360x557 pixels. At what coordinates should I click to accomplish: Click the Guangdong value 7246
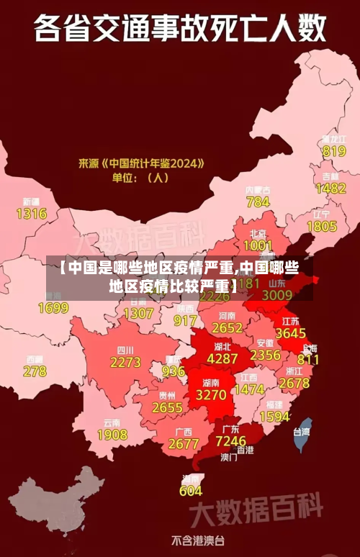231,440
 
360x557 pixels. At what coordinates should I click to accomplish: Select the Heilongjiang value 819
334,151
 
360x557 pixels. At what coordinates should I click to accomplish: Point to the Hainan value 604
191,491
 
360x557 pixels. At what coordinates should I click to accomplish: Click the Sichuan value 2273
125,363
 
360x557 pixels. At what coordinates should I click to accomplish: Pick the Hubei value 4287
222,358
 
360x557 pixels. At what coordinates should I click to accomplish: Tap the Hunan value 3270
211,395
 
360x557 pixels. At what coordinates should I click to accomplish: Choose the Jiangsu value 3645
291,333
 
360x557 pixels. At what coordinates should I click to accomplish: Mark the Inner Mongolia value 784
258,202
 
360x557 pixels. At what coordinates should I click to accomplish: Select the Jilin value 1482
331,188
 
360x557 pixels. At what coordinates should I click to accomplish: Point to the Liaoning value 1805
322,226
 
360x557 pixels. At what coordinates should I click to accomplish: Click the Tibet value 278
35,371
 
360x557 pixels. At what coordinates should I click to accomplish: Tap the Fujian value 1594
274,417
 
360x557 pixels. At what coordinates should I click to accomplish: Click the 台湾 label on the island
301,432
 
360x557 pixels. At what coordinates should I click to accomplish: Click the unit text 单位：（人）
139,177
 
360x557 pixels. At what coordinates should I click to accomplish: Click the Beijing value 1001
258,246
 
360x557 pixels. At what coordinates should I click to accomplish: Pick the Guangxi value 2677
183,444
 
